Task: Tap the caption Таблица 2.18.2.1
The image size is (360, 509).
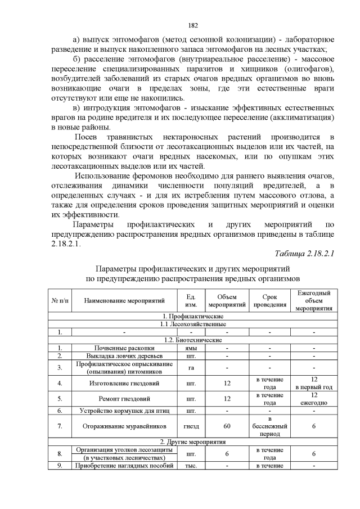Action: pyautogui.click(x=304, y=253)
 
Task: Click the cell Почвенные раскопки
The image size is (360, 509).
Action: pyautogui.click(x=124, y=348)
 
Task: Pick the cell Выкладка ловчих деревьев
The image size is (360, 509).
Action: pyautogui.click(x=124, y=356)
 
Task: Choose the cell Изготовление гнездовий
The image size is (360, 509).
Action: pyautogui.click(x=124, y=384)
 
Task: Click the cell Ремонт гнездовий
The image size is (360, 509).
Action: pyautogui.click(x=124, y=399)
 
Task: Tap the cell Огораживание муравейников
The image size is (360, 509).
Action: pyautogui.click(x=124, y=426)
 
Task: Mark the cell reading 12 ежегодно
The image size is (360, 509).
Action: pyautogui.click(x=314, y=399)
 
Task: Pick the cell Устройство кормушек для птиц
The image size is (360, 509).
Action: pyautogui.click(x=124, y=411)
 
